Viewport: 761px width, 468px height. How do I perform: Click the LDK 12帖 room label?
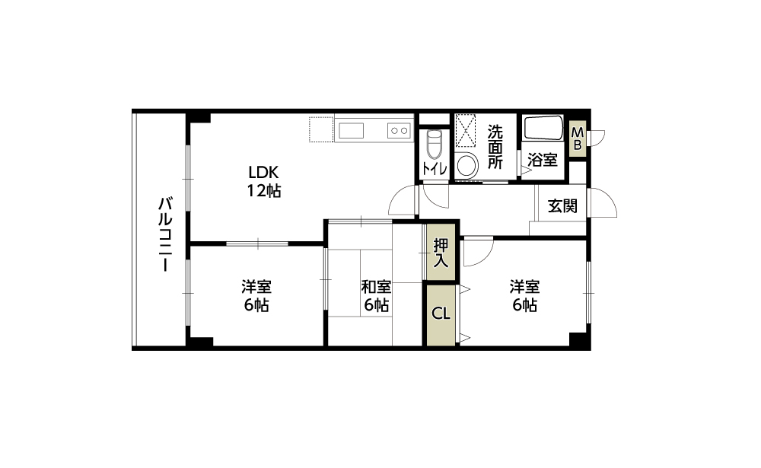tap(264, 182)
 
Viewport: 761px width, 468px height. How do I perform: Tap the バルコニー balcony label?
tap(165, 234)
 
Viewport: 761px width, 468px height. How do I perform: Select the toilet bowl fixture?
tap(434, 144)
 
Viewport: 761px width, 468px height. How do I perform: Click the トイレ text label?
tap(435, 168)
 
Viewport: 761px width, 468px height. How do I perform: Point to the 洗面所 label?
tap(495, 147)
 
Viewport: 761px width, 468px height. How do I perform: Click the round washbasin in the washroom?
tap(467, 165)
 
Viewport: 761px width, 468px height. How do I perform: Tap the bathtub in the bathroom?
tap(543, 128)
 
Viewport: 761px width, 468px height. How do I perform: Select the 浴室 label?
tap(543, 160)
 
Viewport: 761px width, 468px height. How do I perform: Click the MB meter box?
tap(578, 138)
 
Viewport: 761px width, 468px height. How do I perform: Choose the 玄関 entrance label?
tap(562, 205)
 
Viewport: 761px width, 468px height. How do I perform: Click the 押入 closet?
tap(441, 252)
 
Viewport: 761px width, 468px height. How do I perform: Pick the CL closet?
tap(441, 314)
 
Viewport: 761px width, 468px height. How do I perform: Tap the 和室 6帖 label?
tap(376, 296)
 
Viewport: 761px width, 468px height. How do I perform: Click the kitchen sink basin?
tap(351, 131)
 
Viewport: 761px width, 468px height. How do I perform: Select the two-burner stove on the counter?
tap(399, 131)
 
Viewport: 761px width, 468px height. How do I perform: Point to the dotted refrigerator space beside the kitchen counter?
tap(321, 129)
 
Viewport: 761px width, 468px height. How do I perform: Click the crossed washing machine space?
tap(466, 130)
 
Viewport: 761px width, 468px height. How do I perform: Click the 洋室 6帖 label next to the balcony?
tap(256, 296)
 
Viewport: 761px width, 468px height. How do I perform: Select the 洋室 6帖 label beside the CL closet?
tap(524, 296)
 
